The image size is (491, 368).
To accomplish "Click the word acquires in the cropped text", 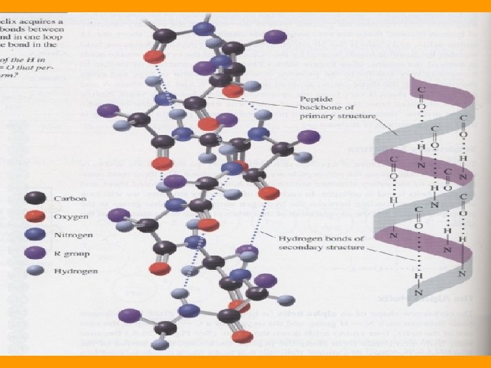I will point(48,21).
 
